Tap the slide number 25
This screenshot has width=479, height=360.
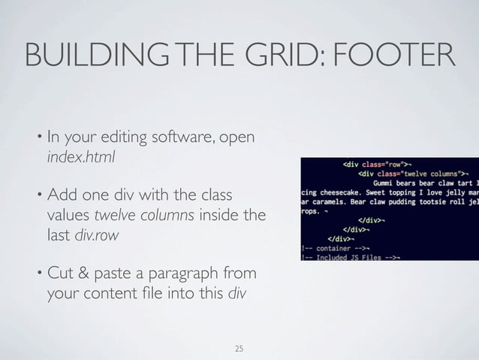point(239,348)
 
